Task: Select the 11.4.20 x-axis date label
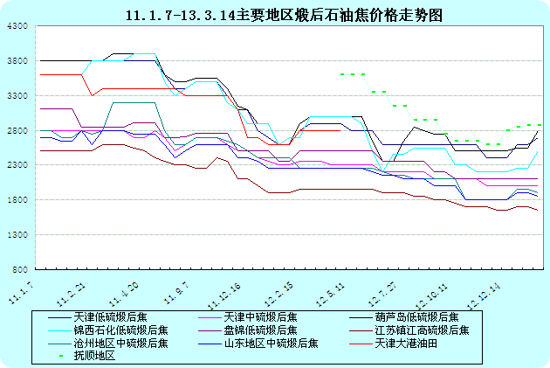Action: point(123,292)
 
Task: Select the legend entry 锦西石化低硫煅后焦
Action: point(120,330)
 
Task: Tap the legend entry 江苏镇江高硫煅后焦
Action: point(423,330)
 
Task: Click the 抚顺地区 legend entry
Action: point(94,356)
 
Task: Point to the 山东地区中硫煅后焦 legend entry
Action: point(272,343)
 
